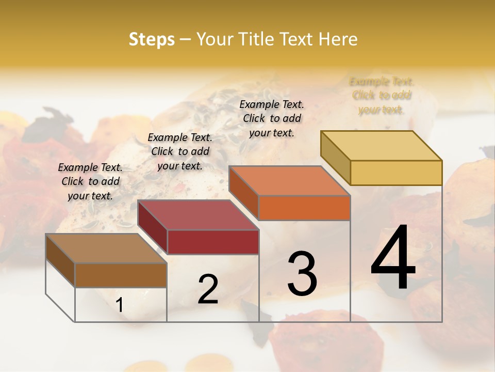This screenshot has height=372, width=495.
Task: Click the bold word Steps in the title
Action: coord(152,40)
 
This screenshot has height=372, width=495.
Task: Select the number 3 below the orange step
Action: coord(302,273)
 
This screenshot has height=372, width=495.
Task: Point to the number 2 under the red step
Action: coord(208,289)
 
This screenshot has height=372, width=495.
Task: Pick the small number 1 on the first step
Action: coord(120,305)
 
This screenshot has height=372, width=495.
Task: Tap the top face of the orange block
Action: coord(289,181)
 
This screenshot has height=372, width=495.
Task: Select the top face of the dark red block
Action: coord(198,215)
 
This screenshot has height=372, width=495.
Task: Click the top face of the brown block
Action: coord(106,249)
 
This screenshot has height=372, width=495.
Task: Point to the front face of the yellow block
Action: coord(396,173)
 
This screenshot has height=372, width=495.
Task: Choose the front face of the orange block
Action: coord(304,208)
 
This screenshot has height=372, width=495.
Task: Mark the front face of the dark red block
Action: coord(213,242)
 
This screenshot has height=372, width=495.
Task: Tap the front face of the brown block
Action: coord(121,275)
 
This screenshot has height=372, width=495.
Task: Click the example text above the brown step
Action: coord(90,182)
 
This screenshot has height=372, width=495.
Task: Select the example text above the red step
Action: coord(180,152)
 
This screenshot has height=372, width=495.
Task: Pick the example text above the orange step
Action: coord(272,118)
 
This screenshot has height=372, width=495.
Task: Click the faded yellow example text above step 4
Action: coord(382,96)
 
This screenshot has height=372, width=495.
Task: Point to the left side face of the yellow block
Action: coord(336,157)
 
